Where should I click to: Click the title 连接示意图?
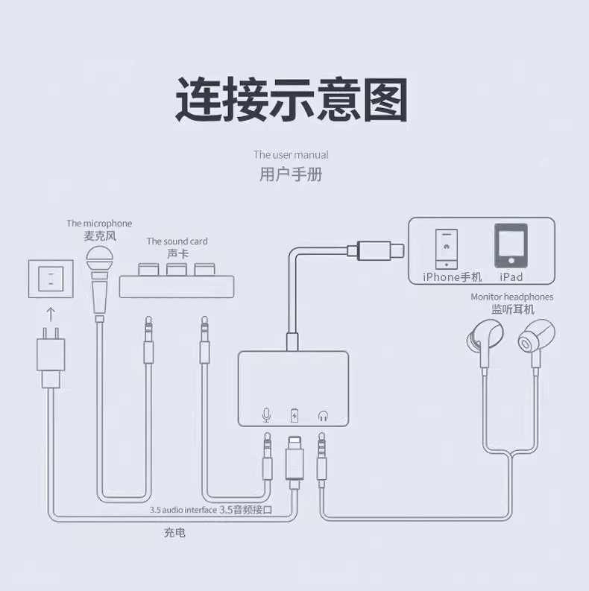[292, 101]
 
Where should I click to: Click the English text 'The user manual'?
[291, 155]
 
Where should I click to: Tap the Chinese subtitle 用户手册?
[292, 175]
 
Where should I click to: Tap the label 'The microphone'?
[98, 223]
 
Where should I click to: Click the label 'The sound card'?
[177, 241]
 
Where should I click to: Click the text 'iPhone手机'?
[453, 277]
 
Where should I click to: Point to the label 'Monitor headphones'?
[512, 297]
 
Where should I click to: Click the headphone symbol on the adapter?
[323, 415]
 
